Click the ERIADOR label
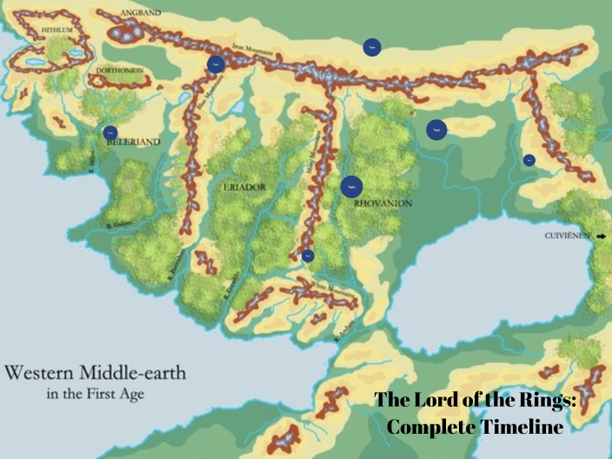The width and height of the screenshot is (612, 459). point(245,187)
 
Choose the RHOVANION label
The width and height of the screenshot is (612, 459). point(382,203)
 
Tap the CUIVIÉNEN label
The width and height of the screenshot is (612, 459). point(569,236)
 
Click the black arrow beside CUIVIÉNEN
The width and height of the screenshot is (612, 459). point(601,236)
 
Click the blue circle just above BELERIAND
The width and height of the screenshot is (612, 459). point(110,133)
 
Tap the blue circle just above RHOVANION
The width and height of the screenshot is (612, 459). point(351,186)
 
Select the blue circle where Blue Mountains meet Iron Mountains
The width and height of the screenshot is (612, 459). point(216,63)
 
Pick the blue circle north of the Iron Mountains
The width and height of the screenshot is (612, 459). point(372,48)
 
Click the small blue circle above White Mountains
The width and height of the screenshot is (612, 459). point(308,256)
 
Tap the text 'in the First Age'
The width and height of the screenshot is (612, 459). point(95,394)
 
